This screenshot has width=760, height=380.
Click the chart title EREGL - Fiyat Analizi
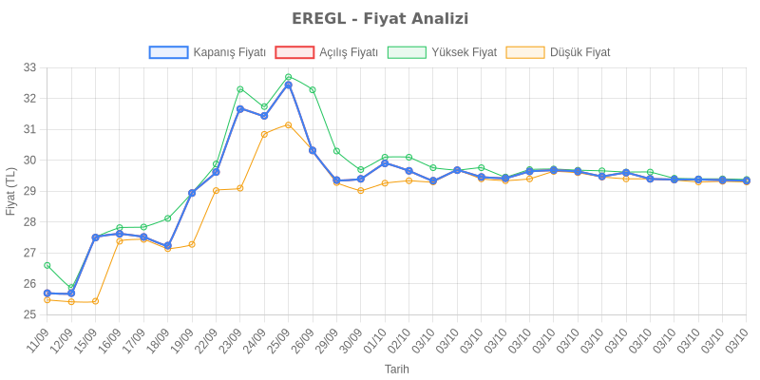coord(380,19)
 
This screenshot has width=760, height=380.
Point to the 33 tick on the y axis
coord(29,67)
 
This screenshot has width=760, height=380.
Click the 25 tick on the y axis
coord(29,314)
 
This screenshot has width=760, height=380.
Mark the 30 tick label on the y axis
coord(29,160)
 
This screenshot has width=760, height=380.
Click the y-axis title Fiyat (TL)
coord(10,190)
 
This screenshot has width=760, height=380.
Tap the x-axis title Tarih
coord(397,369)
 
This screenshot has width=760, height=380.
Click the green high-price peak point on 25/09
coord(288,77)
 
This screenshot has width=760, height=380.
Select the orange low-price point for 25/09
coord(288,124)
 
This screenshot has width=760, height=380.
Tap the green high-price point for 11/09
coord(47,265)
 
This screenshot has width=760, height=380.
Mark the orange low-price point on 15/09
coord(95,301)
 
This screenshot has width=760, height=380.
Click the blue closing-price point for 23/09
coord(240,108)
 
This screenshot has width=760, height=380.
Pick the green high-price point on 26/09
coord(313,90)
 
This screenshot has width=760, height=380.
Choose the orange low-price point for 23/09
coord(240,188)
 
